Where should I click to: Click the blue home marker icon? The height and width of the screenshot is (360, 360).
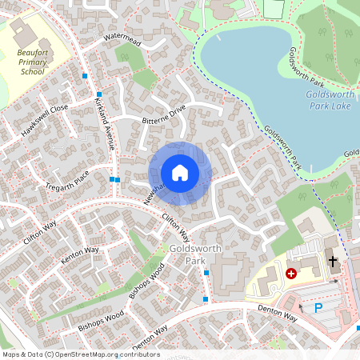pyautogui.click(x=180, y=173)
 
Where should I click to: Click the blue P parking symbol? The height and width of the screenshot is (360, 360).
pyautogui.click(x=318, y=308)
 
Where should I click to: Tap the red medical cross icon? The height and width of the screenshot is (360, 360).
pyautogui.click(x=291, y=273)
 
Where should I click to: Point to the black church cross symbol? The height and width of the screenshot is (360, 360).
pyautogui.click(x=333, y=261)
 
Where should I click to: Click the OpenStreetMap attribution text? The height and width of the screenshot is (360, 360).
pyautogui.click(x=81, y=354)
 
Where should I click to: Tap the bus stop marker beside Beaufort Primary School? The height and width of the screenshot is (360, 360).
pyautogui.click(x=85, y=75)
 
